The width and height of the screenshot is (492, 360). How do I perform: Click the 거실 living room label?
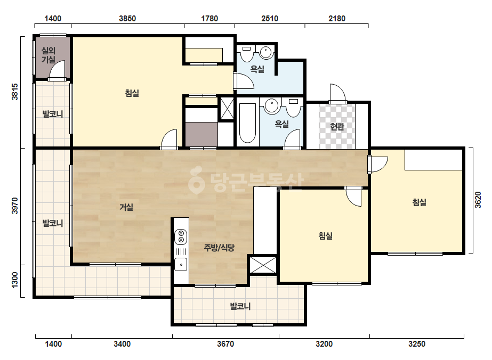(x=126, y=207)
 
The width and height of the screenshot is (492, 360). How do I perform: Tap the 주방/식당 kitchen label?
(x=219, y=248)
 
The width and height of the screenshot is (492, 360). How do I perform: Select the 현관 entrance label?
(x=337, y=127)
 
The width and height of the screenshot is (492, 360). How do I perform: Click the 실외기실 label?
(x=49, y=55)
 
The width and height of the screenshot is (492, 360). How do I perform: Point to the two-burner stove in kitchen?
(x=181, y=237)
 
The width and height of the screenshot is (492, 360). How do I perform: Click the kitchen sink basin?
(x=181, y=264)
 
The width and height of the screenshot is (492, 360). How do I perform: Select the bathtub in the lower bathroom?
(x=247, y=123)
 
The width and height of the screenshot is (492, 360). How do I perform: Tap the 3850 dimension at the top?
(x=127, y=19)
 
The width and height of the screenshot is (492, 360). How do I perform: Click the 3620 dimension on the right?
(x=478, y=200)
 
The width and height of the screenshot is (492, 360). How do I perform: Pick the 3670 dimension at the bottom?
(x=225, y=344)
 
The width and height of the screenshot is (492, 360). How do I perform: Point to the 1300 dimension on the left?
(x=15, y=280)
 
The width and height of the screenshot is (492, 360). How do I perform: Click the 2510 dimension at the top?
(x=270, y=19)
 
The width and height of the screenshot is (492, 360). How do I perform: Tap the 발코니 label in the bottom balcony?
(x=240, y=306)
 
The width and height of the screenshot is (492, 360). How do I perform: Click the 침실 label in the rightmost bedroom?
(x=419, y=202)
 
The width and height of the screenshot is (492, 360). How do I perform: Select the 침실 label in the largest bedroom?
(x=132, y=93)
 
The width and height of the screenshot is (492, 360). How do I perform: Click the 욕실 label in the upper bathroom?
(x=257, y=69)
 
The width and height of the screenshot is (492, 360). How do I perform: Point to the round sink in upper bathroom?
(x=267, y=52)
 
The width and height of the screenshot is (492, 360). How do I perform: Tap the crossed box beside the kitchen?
(x=263, y=265)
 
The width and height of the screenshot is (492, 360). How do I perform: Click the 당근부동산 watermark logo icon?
(x=196, y=179)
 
